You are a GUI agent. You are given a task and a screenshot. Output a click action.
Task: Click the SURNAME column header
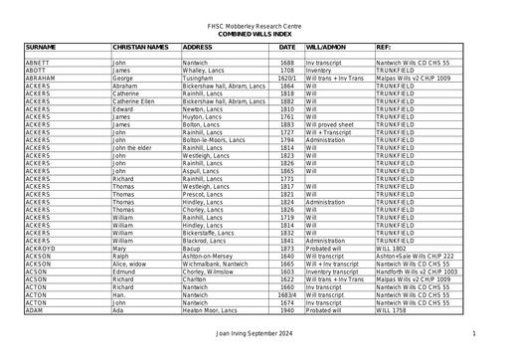[x=41, y=47]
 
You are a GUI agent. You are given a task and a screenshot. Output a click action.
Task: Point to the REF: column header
[x=383, y=47]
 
